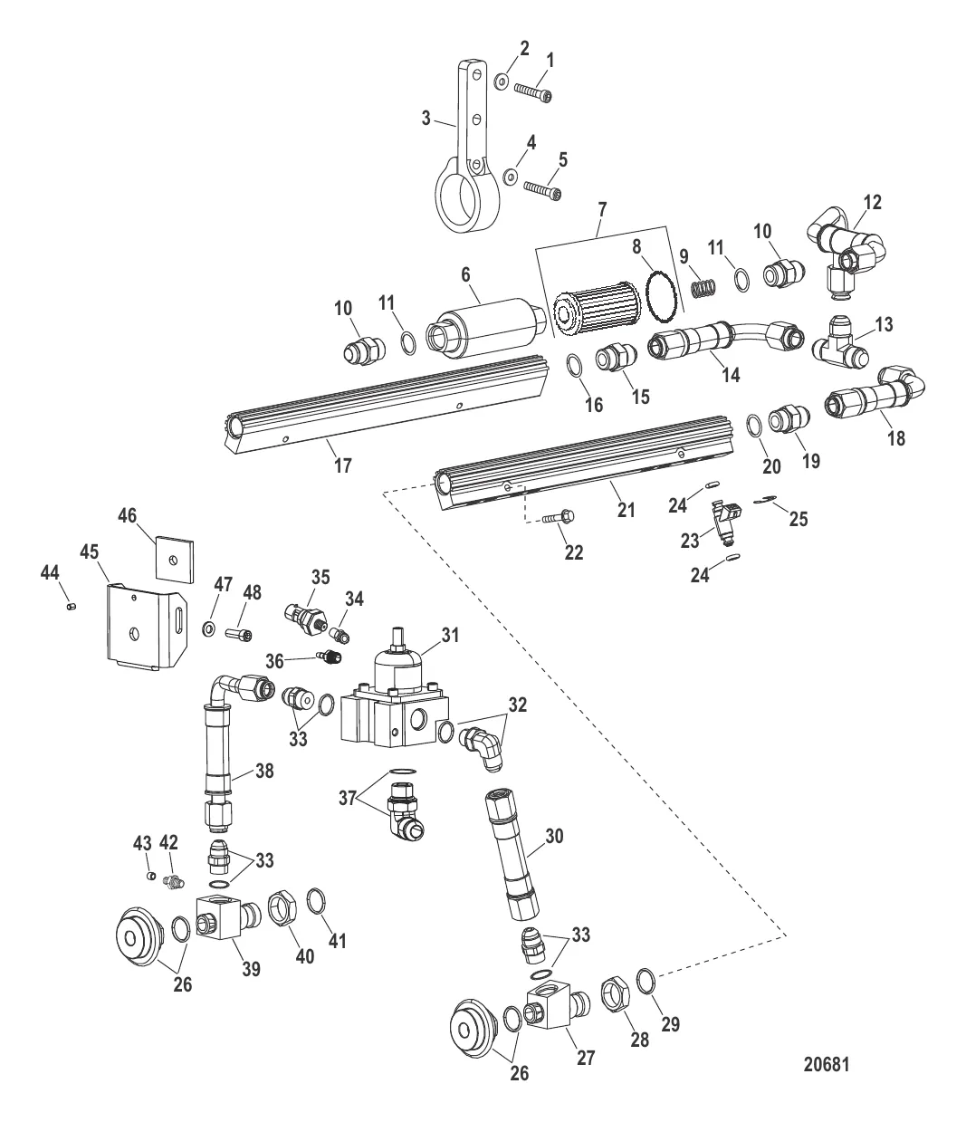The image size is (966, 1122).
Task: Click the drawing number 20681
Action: [826, 1065]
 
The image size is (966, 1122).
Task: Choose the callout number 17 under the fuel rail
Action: [342, 465]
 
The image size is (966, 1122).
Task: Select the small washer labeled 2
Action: [502, 82]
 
